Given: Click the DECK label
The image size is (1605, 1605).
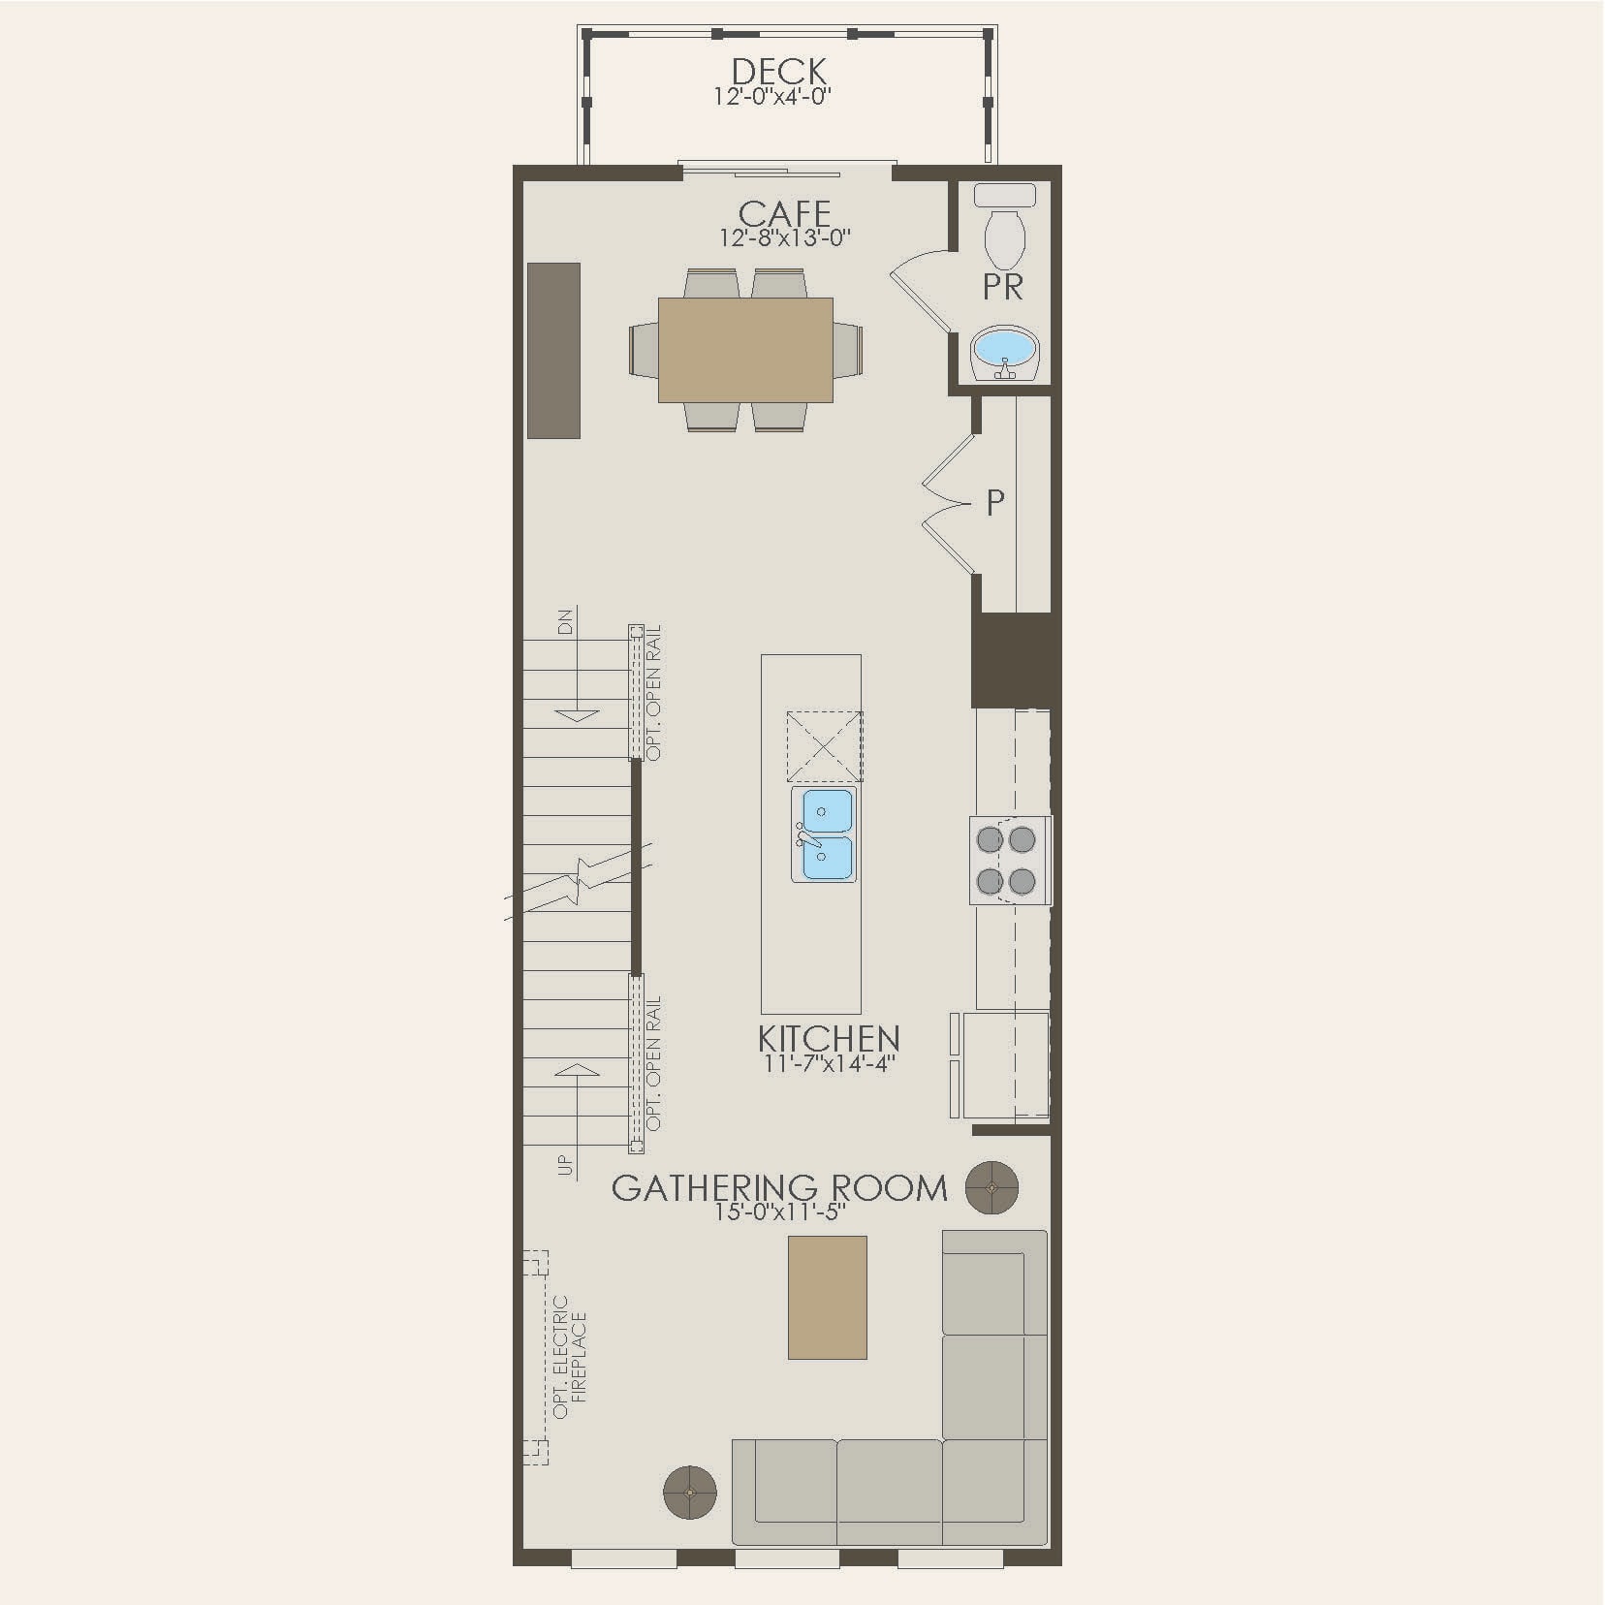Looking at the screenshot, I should click(x=779, y=72).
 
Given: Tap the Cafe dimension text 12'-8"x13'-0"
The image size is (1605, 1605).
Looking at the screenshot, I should click(x=785, y=238).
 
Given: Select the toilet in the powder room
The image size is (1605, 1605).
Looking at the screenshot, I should click(x=1004, y=229).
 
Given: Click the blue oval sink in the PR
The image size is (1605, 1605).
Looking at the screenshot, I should click(x=1005, y=346).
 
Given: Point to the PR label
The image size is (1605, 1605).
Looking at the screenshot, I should click(x=1002, y=288).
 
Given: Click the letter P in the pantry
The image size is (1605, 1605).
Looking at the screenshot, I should click(x=995, y=503).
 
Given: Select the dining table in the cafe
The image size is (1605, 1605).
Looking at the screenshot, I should click(x=745, y=350).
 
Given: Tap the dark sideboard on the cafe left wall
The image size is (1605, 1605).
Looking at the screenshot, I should click(x=553, y=350).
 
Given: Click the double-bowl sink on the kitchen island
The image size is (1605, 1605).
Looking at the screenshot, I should click(x=824, y=834).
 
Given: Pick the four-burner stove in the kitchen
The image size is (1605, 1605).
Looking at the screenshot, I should click(x=1010, y=860).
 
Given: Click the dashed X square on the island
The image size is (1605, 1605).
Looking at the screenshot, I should click(x=824, y=746).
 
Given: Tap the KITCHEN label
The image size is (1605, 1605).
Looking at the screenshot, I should click(x=829, y=1039).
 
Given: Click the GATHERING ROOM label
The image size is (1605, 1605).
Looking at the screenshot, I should click(x=779, y=1188).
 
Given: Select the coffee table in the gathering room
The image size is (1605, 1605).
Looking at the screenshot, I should click(x=827, y=1297).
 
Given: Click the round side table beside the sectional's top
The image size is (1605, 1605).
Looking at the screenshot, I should click(x=991, y=1186).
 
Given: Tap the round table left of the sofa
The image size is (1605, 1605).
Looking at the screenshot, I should click(x=690, y=1520).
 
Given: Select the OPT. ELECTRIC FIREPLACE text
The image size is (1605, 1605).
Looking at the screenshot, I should click(x=570, y=1357).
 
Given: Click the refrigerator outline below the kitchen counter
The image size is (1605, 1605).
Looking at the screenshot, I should click(x=1004, y=1065).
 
